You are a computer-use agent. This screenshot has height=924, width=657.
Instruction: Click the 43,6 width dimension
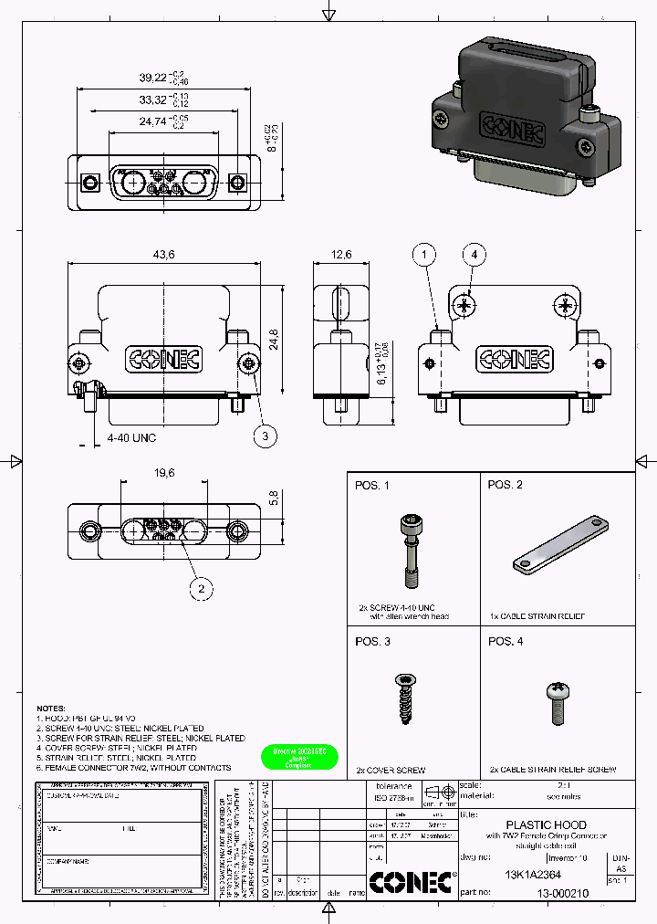click(164, 254)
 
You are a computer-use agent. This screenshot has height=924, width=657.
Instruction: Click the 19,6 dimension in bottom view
click(164, 473)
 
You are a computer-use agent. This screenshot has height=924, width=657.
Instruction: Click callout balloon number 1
click(424, 255)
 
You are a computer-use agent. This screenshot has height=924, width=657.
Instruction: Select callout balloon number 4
click(473, 255)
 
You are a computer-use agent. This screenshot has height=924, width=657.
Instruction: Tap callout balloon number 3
click(265, 436)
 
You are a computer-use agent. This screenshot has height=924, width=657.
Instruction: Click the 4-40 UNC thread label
click(131, 438)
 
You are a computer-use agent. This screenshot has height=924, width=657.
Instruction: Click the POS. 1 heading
click(372, 485)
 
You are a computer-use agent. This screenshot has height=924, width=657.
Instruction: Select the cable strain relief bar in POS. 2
click(561, 547)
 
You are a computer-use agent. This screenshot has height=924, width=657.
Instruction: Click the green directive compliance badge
click(299, 757)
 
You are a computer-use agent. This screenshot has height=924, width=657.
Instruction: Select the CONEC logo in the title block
click(410, 883)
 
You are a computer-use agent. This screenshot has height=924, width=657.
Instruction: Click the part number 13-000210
click(562, 895)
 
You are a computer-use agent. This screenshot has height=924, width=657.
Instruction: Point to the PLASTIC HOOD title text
click(546, 824)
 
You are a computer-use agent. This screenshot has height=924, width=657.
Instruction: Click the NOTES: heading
click(51, 709)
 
